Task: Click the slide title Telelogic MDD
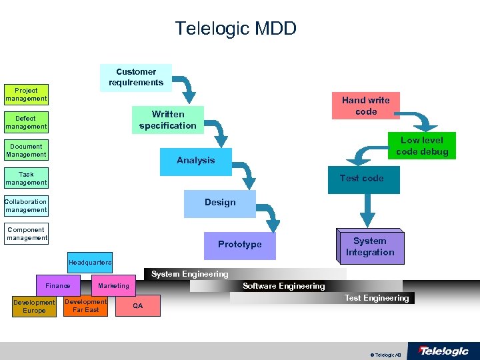click(x=235, y=29)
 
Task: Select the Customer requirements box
click(x=136, y=77)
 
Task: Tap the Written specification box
click(x=167, y=120)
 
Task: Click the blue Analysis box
click(x=195, y=160)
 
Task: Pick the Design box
click(x=220, y=203)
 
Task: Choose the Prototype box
click(x=240, y=245)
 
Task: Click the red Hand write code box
click(x=366, y=106)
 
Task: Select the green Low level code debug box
click(x=422, y=146)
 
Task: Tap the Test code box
click(x=362, y=179)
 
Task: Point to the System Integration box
click(x=370, y=247)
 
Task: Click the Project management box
click(x=26, y=95)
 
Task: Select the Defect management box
click(x=26, y=123)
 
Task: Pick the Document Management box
click(x=26, y=151)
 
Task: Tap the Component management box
click(x=27, y=234)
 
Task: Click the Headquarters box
click(x=90, y=263)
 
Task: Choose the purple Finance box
click(x=58, y=286)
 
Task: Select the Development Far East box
click(x=85, y=306)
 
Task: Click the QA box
click(x=137, y=306)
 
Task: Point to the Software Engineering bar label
click(x=283, y=286)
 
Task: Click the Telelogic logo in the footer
click(x=443, y=351)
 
